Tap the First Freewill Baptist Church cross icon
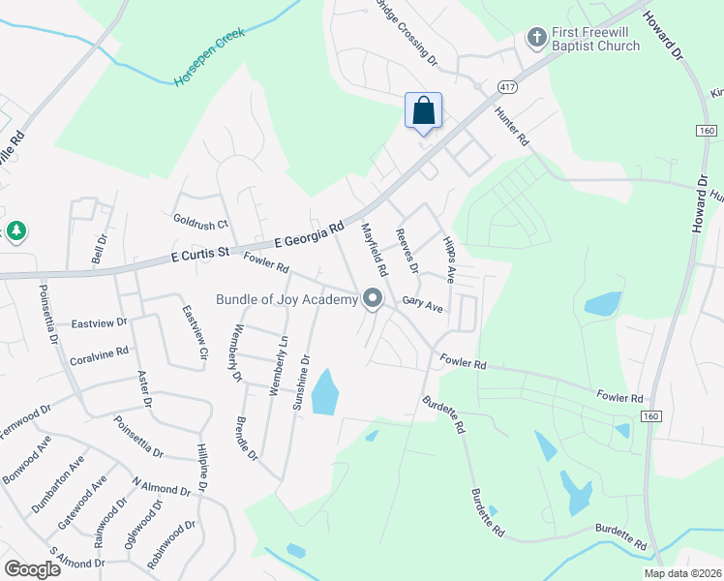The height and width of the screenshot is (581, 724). [x=535, y=38]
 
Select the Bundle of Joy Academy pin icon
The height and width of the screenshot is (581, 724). [x=373, y=300]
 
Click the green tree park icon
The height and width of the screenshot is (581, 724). [x=15, y=230]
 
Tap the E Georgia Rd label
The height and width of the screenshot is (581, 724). [x=310, y=235]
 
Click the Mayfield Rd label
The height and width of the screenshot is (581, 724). [x=374, y=250]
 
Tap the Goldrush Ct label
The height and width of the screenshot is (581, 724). [x=200, y=223]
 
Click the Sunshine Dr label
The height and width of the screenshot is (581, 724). [x=303, y=383]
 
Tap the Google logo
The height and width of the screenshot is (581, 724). [x=33, y=569]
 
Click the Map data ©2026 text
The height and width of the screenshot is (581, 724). [x=682, y=573]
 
